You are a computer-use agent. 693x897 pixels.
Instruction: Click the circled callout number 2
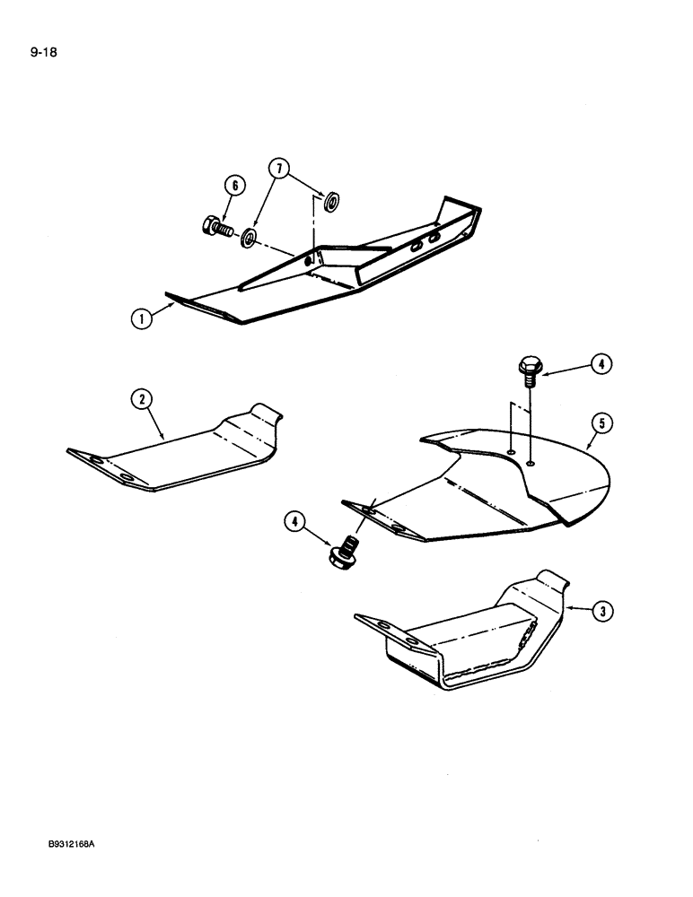coord(142,401)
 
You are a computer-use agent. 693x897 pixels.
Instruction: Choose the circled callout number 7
coord(279,168)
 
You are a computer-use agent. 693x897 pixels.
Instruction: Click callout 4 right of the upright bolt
coord(599,364)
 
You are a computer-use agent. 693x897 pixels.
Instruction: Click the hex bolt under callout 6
coord(219,230)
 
